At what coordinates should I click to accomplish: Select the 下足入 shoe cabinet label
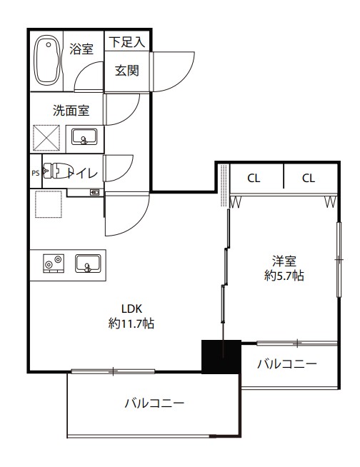(127, 42)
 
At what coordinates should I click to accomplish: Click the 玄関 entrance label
(127, 71)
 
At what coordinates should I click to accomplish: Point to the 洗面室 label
(69, 111)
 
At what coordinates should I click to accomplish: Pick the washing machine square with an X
(46, 137)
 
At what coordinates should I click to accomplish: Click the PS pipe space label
(35, 172)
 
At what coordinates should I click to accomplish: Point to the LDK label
(131, 309)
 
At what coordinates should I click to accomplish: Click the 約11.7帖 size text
(131, 323)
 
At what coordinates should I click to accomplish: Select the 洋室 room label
(284, 261)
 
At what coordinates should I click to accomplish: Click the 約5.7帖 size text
(284, 275)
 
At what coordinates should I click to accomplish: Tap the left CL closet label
(254, 178)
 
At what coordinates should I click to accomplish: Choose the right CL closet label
(308, 178)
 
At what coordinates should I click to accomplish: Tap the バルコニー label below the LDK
(154, 403)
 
